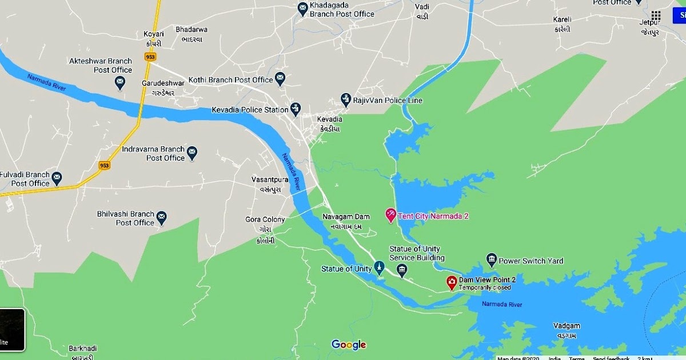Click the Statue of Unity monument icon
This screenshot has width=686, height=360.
[378, 269]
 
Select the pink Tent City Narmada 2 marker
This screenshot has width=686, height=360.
[391, 215]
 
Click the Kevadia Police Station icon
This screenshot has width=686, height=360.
[295, 109]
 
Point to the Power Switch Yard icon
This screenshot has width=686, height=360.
[491, 261]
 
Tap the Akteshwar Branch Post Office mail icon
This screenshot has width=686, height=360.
[120, 83]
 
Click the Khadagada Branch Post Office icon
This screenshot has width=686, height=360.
[303, 9]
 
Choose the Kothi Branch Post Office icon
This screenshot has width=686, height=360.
[280, 79]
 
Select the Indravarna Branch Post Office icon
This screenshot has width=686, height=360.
[192, 153]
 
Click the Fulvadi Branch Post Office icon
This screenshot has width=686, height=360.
[57, 179]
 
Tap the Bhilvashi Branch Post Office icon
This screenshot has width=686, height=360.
[162, 218]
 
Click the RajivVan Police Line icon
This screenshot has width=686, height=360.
[345, 100]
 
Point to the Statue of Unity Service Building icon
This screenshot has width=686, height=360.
[402, 270]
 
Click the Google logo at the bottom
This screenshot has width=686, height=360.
[349, 345]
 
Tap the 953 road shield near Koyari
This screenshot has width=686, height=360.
[150, 57]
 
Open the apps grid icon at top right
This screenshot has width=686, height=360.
[656, 16]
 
